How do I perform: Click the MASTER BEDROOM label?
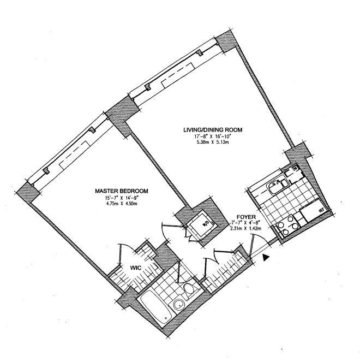point(122,191)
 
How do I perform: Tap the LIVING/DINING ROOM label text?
point(212,130)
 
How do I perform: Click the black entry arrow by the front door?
point(266,256)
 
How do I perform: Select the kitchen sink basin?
point(273,188)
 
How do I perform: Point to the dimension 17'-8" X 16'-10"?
point(212,137)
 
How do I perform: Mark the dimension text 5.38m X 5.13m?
point(212,144)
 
